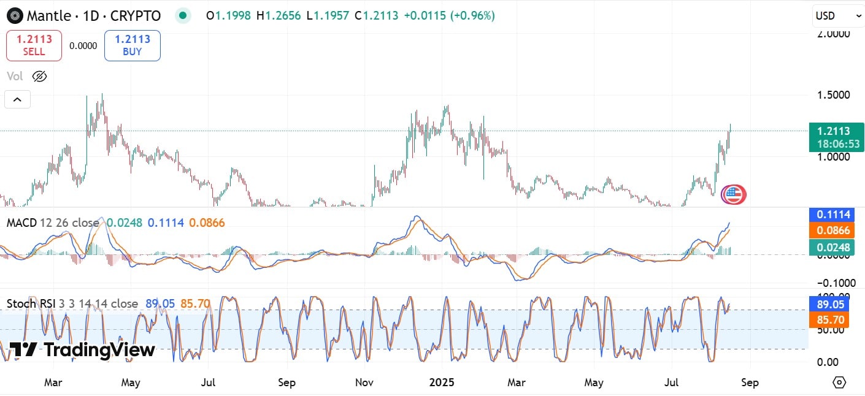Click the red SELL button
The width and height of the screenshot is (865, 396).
point(34,45)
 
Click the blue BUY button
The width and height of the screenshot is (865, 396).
point(132,45)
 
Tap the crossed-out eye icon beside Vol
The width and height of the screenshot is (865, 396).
point(39,77)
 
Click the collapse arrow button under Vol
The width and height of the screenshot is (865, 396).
point(17,99)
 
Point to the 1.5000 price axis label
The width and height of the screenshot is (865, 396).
point(832,95)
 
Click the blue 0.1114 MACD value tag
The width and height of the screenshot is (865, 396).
point(836,215)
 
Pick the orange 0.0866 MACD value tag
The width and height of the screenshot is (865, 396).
point(836,231)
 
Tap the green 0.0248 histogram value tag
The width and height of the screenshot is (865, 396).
point(836,248)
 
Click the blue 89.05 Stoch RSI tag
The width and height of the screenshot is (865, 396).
point(836,303)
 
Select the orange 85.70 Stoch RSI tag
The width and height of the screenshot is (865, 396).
point(836,319)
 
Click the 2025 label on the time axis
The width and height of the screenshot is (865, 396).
point(442,383)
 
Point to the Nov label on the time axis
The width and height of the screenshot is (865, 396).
point(364,383)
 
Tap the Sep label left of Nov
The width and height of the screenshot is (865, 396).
point(286,383)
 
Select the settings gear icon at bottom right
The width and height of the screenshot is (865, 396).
point(839,383)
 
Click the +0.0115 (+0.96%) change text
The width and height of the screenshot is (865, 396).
point(449,16)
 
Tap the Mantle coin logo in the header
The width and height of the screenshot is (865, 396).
point(15,16)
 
